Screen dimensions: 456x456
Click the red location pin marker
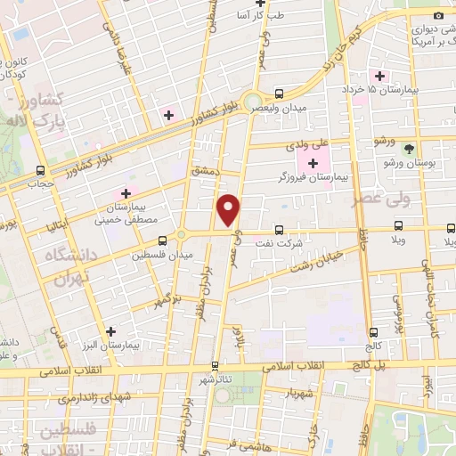[x=230, y=209]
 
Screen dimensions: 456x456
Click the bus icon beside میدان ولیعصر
[x=280, y=93]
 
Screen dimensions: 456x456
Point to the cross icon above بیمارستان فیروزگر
[x=312, y=162]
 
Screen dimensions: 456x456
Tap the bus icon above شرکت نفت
[x=280, y=229]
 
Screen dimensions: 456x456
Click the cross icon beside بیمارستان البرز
[x=110, y=330]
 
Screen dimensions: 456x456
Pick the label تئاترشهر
[x=216, y=380]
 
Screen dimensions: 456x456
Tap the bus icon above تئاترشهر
[x=215, y=365]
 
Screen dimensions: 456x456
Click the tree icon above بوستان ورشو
[x=408, y=149]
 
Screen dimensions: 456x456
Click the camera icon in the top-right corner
[x=437, y=15]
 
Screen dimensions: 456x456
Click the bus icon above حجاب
[x=39, y=170]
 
